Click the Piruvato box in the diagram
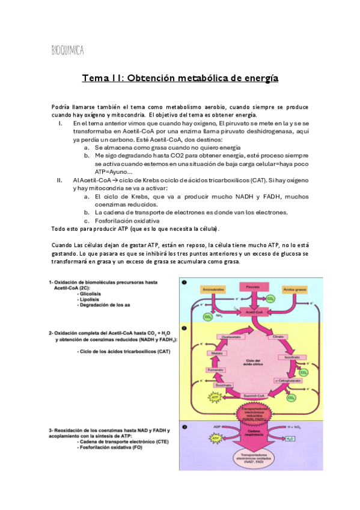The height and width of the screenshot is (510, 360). coord(252,287)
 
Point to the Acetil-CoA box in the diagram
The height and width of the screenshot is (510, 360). coord(252,313)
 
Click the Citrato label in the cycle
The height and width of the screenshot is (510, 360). coord(278,337)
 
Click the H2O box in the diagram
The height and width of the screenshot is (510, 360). coord(290,439)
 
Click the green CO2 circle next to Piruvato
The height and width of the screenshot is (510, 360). coord(271,297)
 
